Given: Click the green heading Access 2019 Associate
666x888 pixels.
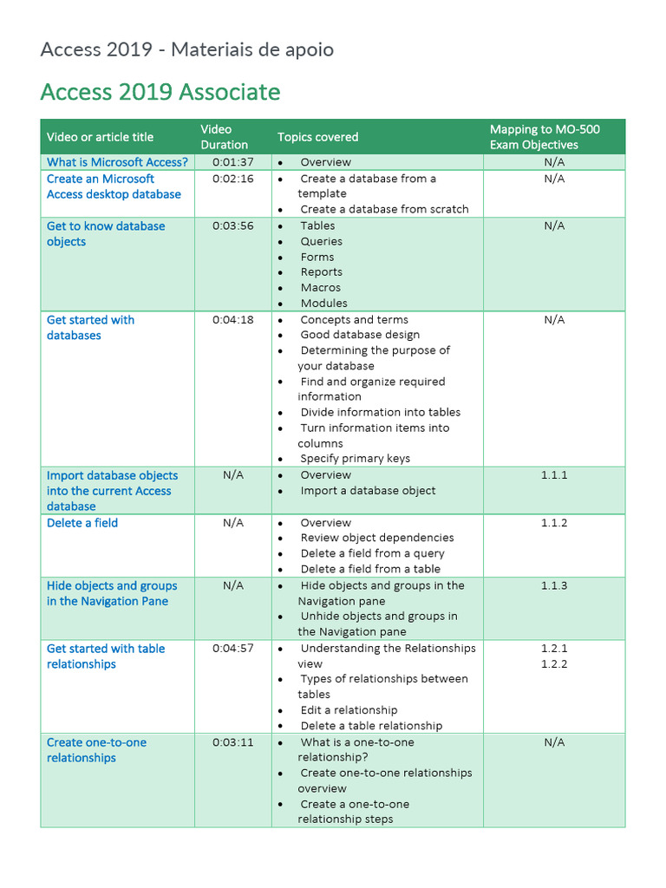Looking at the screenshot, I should (x=160, y=92).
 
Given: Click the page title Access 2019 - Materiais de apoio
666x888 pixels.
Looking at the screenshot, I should (x=186, y=49).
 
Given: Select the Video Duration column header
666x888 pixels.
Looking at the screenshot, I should (x=224, y=137).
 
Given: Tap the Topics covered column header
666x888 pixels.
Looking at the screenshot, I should (x=317, y=137).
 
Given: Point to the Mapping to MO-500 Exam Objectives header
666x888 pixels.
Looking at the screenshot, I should (x=545, y=137).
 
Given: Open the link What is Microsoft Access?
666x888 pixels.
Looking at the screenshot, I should (x=117, y=162).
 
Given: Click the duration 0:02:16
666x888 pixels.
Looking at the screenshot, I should (x=233, y=179).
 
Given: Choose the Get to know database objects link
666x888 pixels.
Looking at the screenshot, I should (x=106, y=234).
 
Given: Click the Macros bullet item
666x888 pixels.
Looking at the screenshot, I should (x=320, y=288).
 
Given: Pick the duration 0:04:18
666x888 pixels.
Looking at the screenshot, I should (x=233, y=320).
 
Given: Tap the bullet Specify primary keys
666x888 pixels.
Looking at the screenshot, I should (x=355, y=459).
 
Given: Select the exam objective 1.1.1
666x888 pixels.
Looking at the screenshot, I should (x=554, y=475).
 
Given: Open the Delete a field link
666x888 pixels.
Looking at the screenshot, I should (x=82, y=523).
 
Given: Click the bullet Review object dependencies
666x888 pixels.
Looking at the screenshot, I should (x=376, y=538).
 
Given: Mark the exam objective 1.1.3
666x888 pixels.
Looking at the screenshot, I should (x=554, y=586).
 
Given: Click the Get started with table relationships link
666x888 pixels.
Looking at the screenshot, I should (x=106, y=656).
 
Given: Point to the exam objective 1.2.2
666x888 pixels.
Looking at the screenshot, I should (x=554, y=664).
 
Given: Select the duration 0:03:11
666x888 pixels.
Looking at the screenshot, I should (x=233, y=742).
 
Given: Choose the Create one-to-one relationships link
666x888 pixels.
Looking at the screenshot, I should (x=96, y=750).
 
